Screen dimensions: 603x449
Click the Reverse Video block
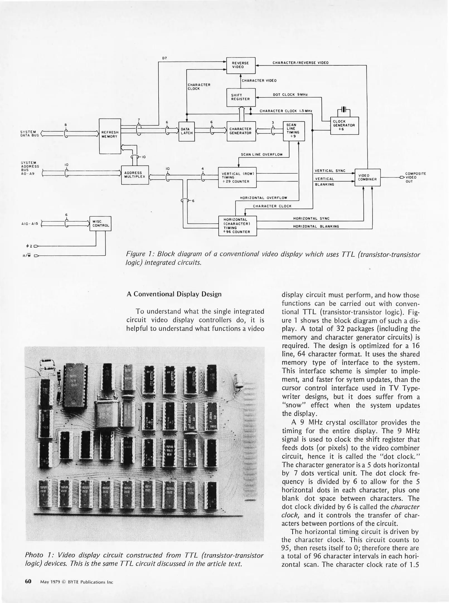click(x=241, y=65)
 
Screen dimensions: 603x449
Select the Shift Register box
click(x=241, y=97)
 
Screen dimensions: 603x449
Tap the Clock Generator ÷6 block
click(x=344, y=126)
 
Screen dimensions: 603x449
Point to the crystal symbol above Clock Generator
click(x=344, y=110)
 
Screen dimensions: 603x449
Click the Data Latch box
click(x=186, y=131)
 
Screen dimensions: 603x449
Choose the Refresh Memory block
click(x=110, y=136)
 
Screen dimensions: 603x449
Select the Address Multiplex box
click(x=135, y=175)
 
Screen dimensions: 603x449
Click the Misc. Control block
click(x=100, y=224)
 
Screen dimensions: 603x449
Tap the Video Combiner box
click(x=367, y=178)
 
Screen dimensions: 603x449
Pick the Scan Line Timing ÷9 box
click(x=293, y=131)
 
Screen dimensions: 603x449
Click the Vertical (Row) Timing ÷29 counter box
click(x=237, y=178)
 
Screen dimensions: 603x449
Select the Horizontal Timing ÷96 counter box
click(x=237, y=226)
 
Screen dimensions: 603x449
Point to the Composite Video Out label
click(x=415, y=178)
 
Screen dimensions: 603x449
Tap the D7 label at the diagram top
click(x=164, y=58)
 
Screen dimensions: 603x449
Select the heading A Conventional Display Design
click(x=174, y=294)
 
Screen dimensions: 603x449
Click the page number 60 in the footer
click(x=28, y=582)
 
